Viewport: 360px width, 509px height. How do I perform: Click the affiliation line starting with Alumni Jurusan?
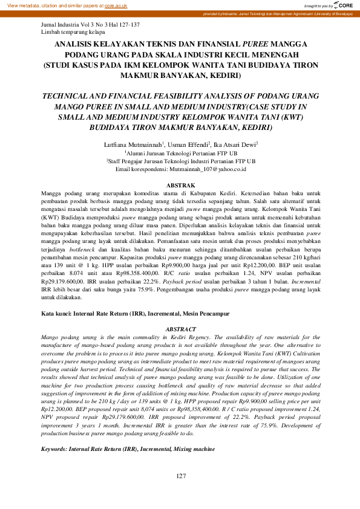pyautogui.click(x=180, y=154)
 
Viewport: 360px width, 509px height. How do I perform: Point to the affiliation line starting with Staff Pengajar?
pyautogui.click(x=180, y=161)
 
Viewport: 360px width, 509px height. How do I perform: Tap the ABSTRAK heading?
pyautogui.click(x=180, y=185)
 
